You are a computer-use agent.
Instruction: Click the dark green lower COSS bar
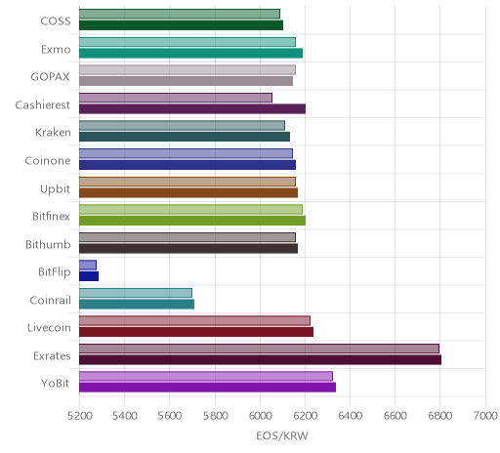tap(181, 25)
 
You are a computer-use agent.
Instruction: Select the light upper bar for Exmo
tap(187, 42)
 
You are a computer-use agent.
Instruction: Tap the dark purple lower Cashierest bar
tap(192, 108)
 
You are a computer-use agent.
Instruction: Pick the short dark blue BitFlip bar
tap(89, 276)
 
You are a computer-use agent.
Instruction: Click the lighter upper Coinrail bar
tap(136, 293)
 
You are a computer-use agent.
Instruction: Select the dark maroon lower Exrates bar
tap(260, 359)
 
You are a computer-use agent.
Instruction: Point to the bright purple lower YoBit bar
tap(207, 388)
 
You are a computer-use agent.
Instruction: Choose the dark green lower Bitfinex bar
tap(192, 221)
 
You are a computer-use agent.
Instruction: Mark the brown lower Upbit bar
tap(188, 192)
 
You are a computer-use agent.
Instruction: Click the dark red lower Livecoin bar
tap(196, 332)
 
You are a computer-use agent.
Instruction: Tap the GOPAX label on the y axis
tap(51, 77)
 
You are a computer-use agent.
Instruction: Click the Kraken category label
tap(53, 133)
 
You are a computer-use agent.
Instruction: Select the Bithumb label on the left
tap(48, 244)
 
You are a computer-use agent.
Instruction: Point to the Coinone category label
tap(48, 160)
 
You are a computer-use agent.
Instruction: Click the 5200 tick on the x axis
tap(79, 416)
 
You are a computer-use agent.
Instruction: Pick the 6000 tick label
tap(260, 416)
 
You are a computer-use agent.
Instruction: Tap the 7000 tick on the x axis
tap(485, 416)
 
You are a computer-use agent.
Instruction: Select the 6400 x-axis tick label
tap(351, 416)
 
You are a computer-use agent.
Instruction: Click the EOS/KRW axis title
tap(282, 435)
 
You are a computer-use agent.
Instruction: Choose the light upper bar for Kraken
tap(182, 125)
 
